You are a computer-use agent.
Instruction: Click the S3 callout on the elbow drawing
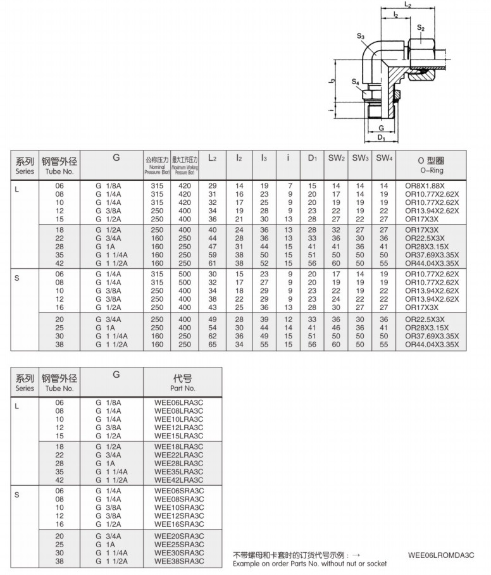pyautogui.click(x=361, y=37)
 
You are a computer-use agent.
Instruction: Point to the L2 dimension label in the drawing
pyautogui.click(x=408, y=5)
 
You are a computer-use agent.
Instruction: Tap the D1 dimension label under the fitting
pyautogui.click(x=381, y=137)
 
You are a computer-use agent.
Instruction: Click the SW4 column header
pyautogui.click(x=383, y=158)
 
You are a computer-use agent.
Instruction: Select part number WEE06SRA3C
pyautogui.click(x=179, y=491)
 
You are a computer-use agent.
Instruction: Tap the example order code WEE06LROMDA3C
pyautogui.click(x=441, y=555)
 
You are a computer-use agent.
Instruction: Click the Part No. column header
pyautogui.click(x=182, y=381)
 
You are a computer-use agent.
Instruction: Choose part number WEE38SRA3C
pyautogui.click(x=179, y=560)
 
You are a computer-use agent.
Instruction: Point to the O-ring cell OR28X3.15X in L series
pyautogui.click(x=427, y=246)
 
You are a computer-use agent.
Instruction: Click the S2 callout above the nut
pyautogui.click(x=421, y=28)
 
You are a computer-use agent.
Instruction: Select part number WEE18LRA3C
pyautogui.click(x=179, y=447)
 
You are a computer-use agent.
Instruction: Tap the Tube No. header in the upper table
pyautogui.click(x=61, y=165)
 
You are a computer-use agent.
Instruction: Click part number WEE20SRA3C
pyautogui.click(x=179, y=536)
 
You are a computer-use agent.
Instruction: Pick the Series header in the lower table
pyautogui.click(x=25, y=381)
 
